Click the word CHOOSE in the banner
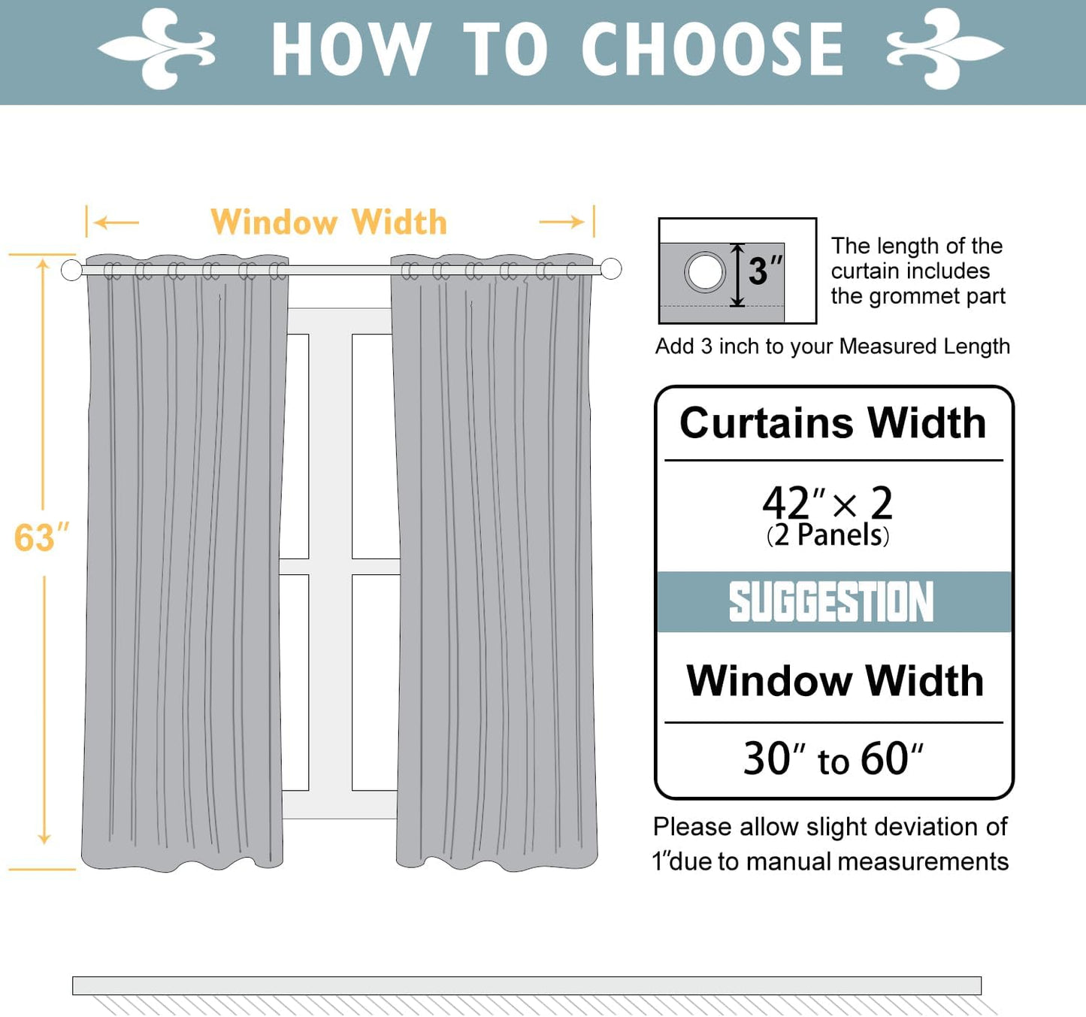712,50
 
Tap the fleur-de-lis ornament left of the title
158,50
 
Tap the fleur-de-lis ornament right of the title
945,50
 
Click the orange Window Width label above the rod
329,222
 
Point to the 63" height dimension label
41,538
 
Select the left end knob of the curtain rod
71,270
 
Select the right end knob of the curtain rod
611,268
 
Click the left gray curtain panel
184,564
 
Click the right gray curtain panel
495,564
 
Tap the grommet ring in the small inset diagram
705,272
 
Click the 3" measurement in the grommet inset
764,271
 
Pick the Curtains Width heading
833,423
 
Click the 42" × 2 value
827,503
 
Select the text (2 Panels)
827,535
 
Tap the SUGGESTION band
833,602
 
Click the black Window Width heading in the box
834,681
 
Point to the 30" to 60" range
833,759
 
